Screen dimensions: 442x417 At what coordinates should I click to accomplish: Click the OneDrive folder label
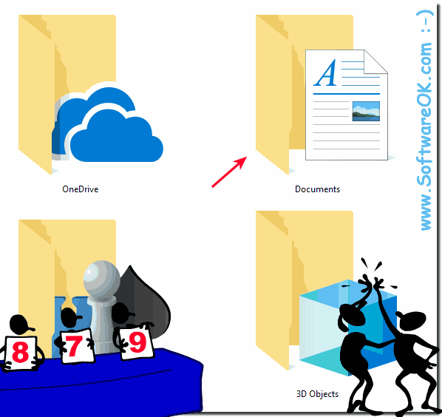(81, 189)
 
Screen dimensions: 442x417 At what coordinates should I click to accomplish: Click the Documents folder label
(317, 189)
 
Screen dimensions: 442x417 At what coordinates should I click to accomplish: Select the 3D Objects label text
(317, 393)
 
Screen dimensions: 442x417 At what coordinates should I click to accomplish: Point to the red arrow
(229, 172)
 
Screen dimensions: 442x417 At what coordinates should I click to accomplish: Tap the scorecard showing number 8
(21, 353)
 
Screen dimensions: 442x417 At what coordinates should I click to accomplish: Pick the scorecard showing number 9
(137, 342)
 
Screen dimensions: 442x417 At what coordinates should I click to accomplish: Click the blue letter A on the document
(326, 72)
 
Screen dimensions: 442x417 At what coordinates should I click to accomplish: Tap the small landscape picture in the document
(366, 111)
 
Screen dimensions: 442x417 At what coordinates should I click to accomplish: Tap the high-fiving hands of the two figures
(372, 282)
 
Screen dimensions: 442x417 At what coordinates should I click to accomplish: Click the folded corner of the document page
(375, 61)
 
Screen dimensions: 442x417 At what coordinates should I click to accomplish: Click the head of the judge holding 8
(20, 325)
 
